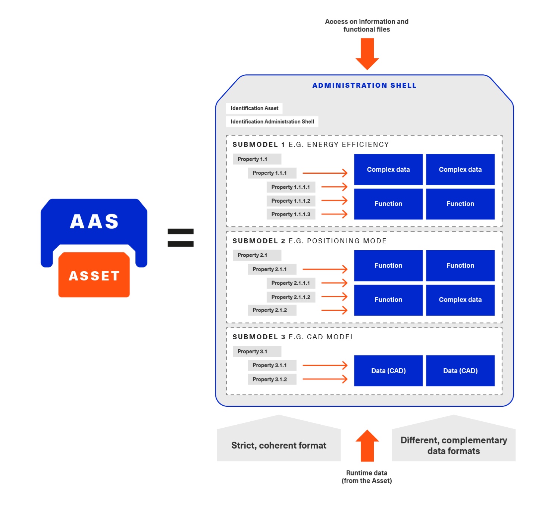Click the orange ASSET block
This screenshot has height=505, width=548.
(x=94, y=275)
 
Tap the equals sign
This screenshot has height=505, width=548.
(x=181, y=238)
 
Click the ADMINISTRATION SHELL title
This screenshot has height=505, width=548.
(x=364, y=86)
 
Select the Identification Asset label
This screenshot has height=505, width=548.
(x=254, y=108)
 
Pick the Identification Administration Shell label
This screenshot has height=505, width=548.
(x=272, y=121)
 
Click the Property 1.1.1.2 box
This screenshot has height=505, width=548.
(x=291, y=201)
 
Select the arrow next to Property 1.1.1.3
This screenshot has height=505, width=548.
(x=334, y=214)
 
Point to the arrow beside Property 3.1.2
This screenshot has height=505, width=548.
(x=325, y=379)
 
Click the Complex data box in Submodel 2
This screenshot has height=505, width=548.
(x=460, y=300)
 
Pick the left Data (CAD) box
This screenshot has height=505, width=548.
(x=388, y=371)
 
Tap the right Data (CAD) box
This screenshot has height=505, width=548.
(x=460, y=371)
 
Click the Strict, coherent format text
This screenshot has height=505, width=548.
(x=279, y=445)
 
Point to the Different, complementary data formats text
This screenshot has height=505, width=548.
(x=453, y=446)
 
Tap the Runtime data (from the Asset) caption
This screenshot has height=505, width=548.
(x=367, y=477)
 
